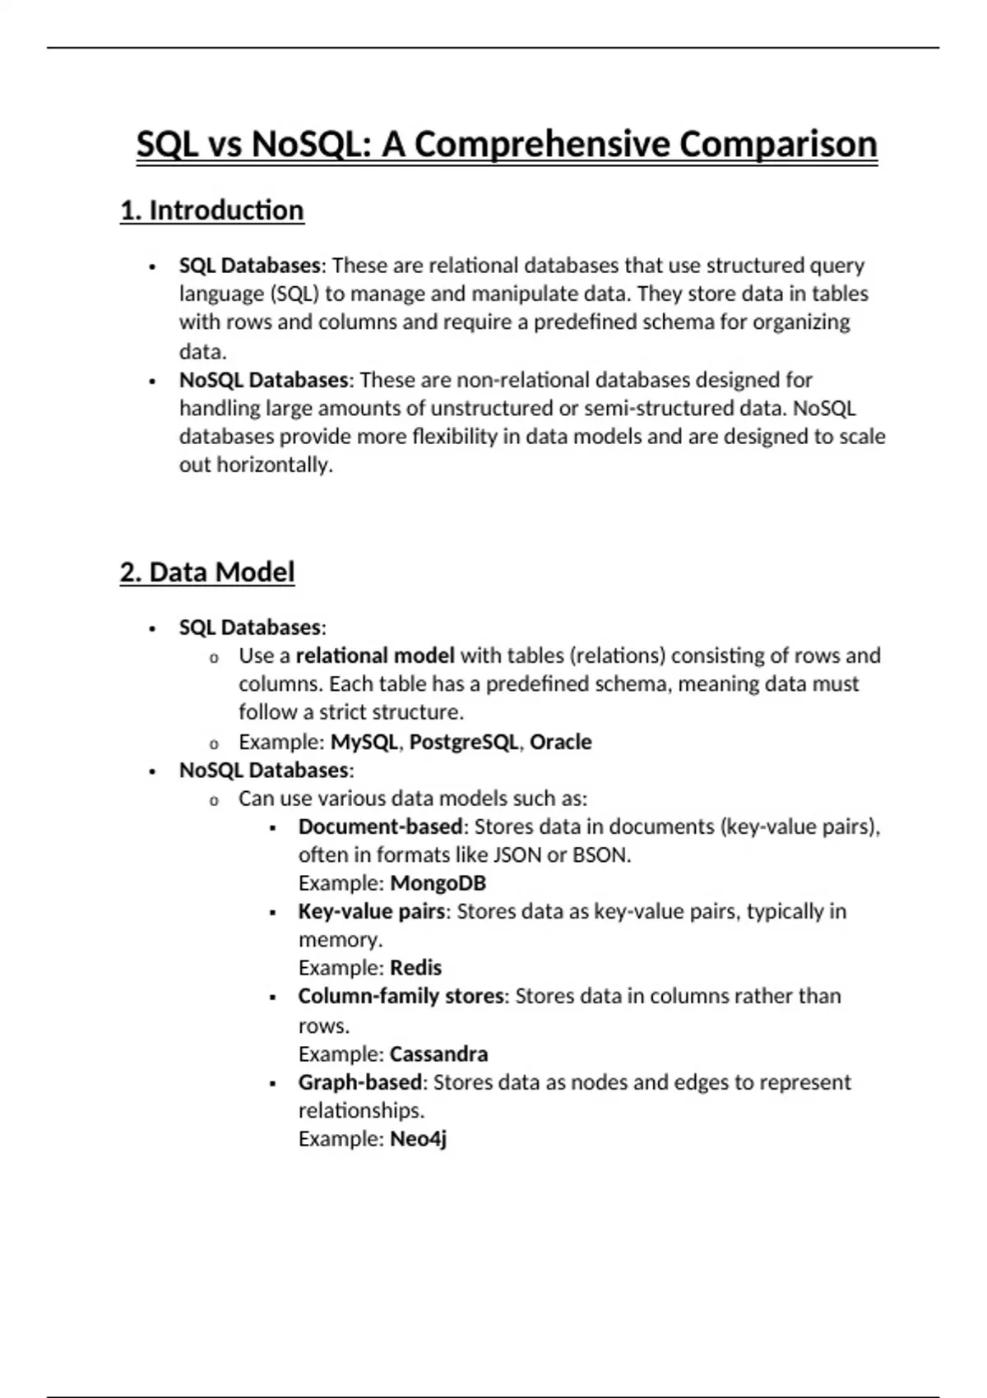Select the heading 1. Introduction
click(212, 211)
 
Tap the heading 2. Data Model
click(207, 572)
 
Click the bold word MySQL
click(364, 742)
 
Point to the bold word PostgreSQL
click(464, 742)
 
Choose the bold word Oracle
click(560, 742)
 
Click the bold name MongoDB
click(438, 883)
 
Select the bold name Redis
click(415, 968)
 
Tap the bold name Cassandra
click(438, 1054)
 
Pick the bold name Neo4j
click(418, 1139)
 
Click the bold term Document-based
click(380, 826)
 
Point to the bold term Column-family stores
click(401, 996)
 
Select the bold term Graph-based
click(360, 1082)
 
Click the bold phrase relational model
click(375, 655)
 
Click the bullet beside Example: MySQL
click(214, 743)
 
